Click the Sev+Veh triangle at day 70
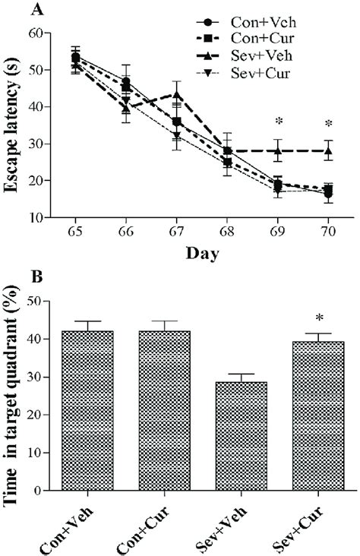[328, 151]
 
